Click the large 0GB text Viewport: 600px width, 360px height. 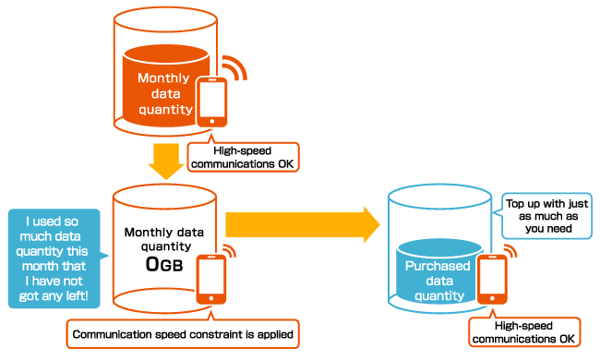click(x=163, y=264)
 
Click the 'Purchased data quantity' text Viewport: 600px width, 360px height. click(x=439, y=280)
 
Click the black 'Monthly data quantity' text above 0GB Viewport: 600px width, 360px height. click(x=163, y=238)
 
